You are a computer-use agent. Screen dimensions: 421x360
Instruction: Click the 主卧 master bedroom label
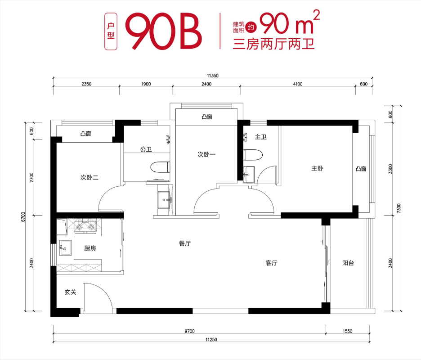(x=317, y=168)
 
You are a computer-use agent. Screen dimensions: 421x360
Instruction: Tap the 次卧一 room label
(x=206, y=154)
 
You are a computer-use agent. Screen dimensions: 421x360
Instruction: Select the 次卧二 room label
(x=90, y=177)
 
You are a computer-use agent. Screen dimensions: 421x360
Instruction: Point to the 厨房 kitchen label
(x=90, y=248)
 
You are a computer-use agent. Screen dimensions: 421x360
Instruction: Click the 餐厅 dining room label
(x=185, y=243)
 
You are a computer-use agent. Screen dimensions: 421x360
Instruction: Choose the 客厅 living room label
(x=272, y=263)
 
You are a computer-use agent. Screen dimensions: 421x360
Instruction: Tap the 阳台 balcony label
(x=348, y=263)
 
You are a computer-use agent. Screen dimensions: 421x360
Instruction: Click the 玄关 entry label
(x=70, y=292)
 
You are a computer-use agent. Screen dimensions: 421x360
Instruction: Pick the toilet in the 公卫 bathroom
(x=160, y=167)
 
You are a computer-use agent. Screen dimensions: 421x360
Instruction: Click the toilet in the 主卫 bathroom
(x=253, y=155)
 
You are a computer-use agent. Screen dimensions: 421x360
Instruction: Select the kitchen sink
(x=65, y=247)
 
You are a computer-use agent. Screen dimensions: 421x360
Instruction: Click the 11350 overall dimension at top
(x=213, y=76)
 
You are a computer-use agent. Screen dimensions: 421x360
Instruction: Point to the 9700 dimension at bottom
(x=189, y=331)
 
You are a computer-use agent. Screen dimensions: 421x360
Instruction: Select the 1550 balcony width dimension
(x=347, y=331)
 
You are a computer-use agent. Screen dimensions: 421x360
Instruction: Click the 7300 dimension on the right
(x=399, y=208)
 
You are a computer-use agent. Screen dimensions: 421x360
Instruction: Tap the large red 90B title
(x=164, y=31)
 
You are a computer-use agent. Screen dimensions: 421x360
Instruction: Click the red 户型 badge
(x=111, y=31)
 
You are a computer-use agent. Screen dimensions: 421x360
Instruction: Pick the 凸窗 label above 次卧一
(x=207, y=117)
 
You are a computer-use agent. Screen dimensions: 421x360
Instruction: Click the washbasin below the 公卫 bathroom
(x=164, y=200)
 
